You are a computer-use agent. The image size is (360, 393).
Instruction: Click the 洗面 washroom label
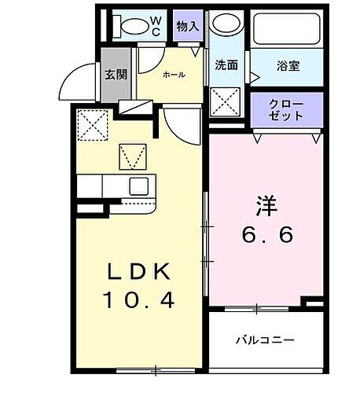click(x=226, y=65)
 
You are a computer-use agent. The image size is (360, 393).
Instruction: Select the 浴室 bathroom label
click(x=288, y=66)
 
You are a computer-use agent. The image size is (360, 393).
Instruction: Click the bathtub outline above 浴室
click(x=287, y=30)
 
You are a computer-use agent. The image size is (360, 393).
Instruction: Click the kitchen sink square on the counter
click(x=139, y=186)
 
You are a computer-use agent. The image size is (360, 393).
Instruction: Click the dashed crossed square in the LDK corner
click(x=93, y=123)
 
